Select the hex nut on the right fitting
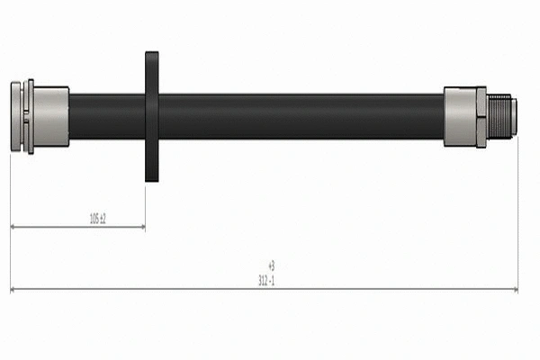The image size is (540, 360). tap(481, 116)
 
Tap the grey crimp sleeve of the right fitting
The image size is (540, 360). tap(461, 116)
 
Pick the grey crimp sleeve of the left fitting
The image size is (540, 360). tap(52, 115)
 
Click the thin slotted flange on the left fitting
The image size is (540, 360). tap(30, 115)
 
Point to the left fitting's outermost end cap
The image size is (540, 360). tap(16, 115)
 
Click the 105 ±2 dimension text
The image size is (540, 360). tap(98, 219)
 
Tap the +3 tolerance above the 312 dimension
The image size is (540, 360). tap(270, 265)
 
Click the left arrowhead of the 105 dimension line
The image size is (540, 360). tap(13, 228)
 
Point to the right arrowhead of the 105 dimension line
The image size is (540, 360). tap(141, 228)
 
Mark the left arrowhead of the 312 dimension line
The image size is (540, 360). tap(13, 290)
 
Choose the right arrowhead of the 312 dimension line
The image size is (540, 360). tap(515, 290)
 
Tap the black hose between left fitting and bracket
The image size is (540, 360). tap(106, 115)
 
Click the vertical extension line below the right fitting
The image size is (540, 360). tap(518, 216)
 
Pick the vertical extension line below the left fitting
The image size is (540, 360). tap(10, 216)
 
